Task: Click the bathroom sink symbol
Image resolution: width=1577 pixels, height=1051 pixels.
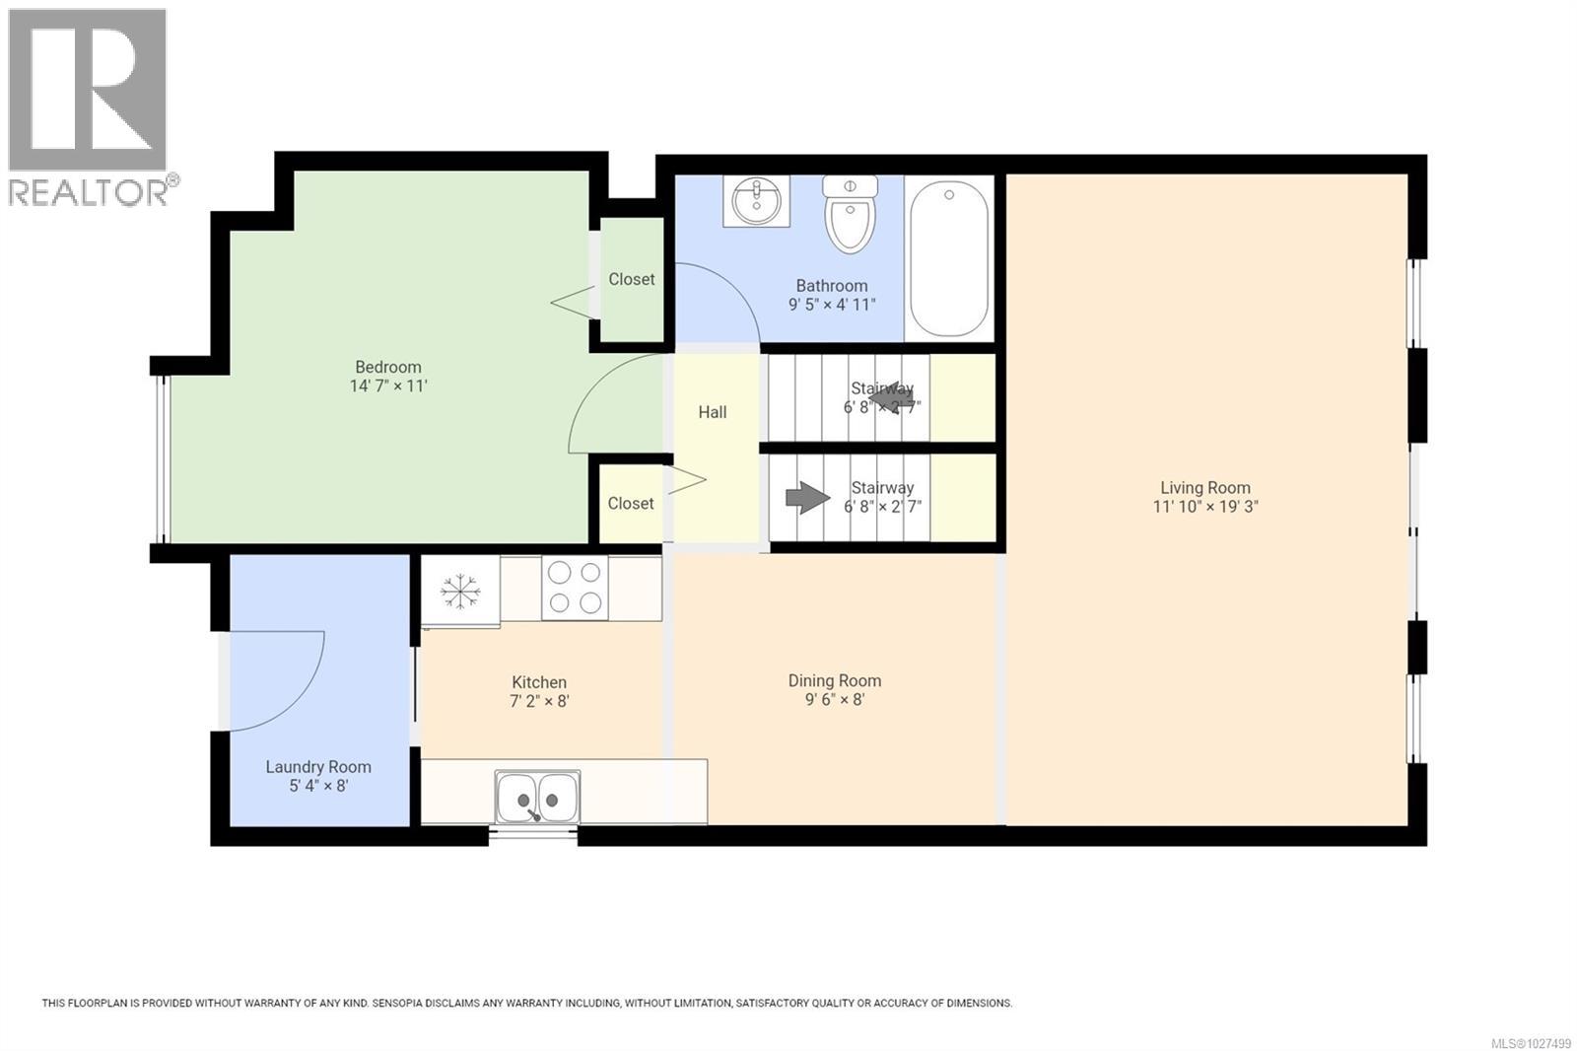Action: tap(756, 200)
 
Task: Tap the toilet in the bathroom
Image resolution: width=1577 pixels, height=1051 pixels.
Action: tap(850, 214)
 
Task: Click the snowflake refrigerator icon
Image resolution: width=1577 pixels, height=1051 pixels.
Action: tap(459, 592)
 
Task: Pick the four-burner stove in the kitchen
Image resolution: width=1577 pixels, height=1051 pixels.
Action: tap(575, 588)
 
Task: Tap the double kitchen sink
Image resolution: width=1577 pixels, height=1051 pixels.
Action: tap(538, 797)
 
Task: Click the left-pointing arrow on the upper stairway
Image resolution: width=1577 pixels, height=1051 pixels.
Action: tap(891, 397)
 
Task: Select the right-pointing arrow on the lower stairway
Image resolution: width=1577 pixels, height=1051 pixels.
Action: tap(807, 497)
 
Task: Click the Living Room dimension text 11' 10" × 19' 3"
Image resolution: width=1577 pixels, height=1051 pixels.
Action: tap(1205, 507)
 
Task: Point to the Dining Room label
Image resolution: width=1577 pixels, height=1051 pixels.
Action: tap(834, 680)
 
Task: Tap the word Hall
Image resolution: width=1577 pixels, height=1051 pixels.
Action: tap(712, 412)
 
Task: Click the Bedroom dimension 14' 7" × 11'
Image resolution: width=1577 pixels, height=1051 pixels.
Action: tap(388, 385)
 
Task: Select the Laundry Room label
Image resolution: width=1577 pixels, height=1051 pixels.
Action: tap(318, 766)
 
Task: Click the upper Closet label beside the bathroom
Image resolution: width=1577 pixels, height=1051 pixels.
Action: tap(631, 279)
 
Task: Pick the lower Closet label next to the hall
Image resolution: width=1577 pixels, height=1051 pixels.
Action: tap(630, 503)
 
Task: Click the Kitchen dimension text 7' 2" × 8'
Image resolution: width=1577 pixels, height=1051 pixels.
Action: tap(539, 701)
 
